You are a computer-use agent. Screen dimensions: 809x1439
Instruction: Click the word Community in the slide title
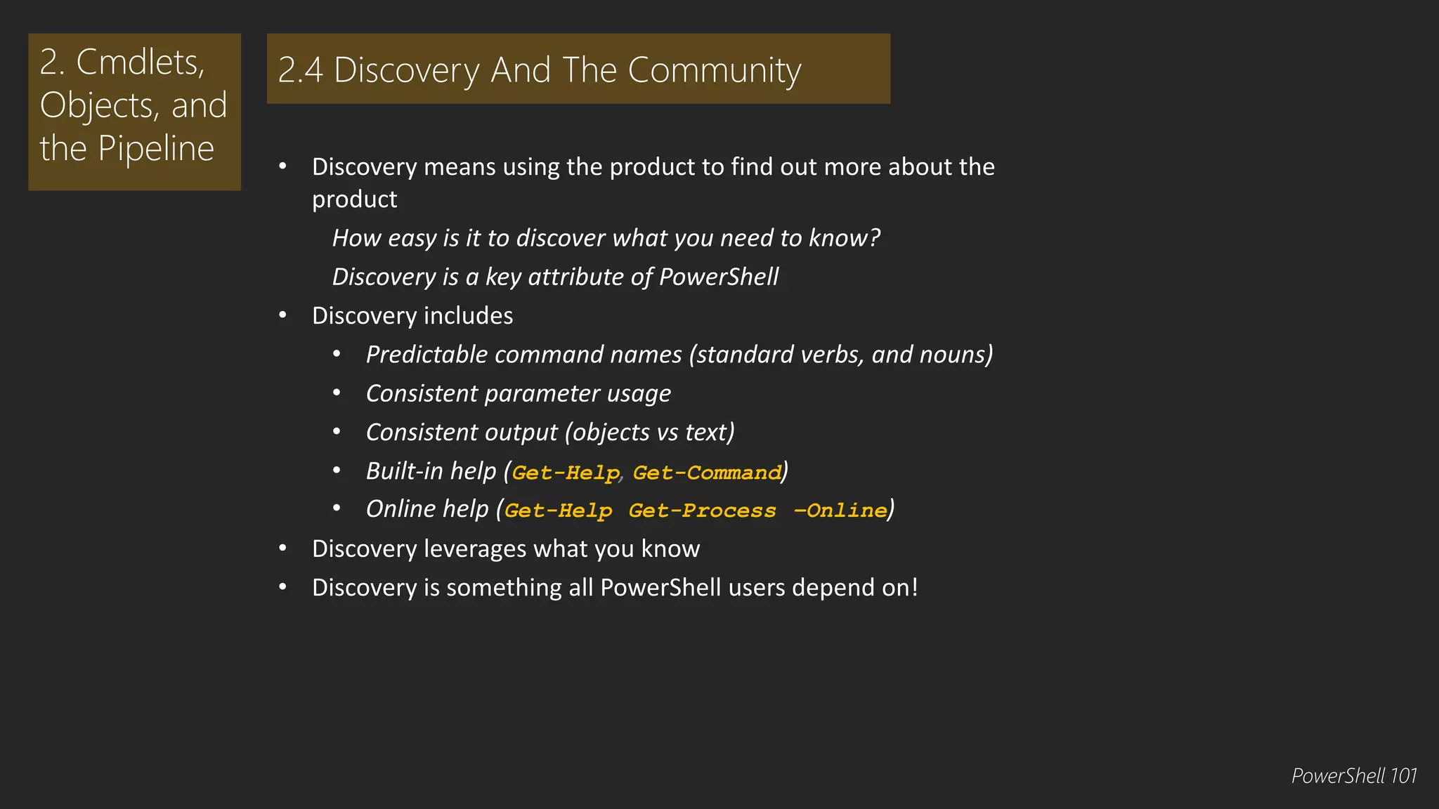(714, 70)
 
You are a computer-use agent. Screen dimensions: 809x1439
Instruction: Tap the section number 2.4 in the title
(300, 71)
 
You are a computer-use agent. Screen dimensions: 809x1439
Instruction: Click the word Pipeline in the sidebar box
(155, 149)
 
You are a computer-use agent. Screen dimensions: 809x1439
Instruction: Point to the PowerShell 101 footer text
(1353, 776)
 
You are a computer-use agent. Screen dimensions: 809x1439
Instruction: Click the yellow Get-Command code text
(707, 473)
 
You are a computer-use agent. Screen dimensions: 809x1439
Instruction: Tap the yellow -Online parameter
(840, 511)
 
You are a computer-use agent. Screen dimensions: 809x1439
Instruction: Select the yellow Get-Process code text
(702, 511)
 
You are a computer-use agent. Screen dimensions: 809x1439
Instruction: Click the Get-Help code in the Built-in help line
(566, 473)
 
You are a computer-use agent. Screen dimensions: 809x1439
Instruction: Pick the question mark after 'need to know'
(874, 238)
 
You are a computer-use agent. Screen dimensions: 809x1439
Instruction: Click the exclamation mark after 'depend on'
(914, 587)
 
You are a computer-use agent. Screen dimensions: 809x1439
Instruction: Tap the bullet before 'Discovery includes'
(282, 315)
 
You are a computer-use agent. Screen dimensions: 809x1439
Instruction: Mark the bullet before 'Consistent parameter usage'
(337, 393)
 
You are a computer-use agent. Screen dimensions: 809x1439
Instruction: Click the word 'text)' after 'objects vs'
(710, 432)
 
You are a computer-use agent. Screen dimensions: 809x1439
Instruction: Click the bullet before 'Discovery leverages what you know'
(282, 548)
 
